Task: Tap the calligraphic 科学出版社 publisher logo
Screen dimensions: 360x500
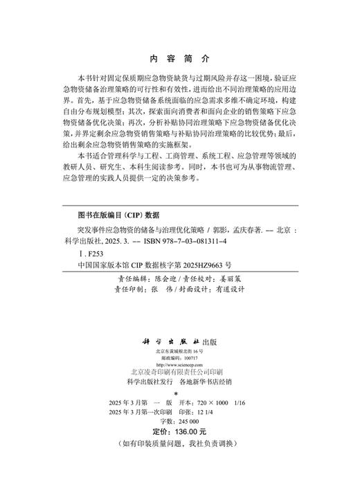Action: [x=168, y=342]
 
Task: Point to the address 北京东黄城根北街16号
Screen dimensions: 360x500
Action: [x=179, y=352]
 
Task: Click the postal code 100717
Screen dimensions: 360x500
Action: [x=187, y=359]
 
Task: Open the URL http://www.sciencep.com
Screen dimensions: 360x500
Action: [x=179, y=365]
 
